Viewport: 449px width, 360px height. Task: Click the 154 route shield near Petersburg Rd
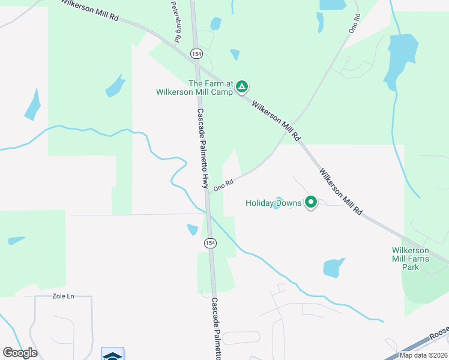[196, 54]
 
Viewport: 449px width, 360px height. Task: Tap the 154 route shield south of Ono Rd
[209, 243]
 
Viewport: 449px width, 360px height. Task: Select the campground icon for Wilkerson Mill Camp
[241, 88]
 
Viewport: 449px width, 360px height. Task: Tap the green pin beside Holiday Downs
[311, 203]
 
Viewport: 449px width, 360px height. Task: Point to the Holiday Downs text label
[273, 203]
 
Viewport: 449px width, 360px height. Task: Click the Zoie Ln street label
[63, 296]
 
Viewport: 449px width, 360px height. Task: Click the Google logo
[20, 352]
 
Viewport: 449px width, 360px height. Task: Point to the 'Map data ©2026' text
[423, 355]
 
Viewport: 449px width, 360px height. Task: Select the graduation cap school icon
[112, 355]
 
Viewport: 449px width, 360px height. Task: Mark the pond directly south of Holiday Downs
[334, 268]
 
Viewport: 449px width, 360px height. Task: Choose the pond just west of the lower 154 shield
[193, 229]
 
